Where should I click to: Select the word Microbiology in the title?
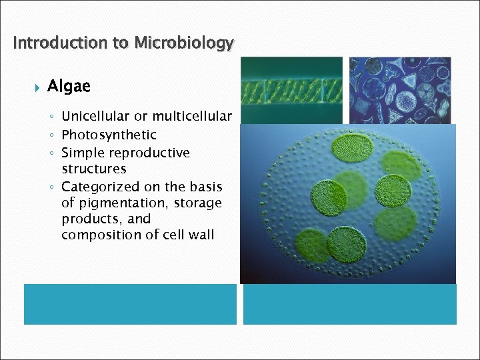pyautogui.click(x=184, y=43)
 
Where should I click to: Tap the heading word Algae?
pyautogui.click(x=69, y=87)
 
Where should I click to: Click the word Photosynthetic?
pyautogui.click(x=109, y=135)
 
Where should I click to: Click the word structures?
pyautogui.click(x=93, y=169)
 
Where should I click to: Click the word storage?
pyautogui.click(x=198, y=203)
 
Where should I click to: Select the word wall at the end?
pyautogui.click(x=201, y=235)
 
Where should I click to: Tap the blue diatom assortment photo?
pyautogui.click(x=400, y=89)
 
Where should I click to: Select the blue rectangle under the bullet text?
pyautogui.click(x=130, y=304)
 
